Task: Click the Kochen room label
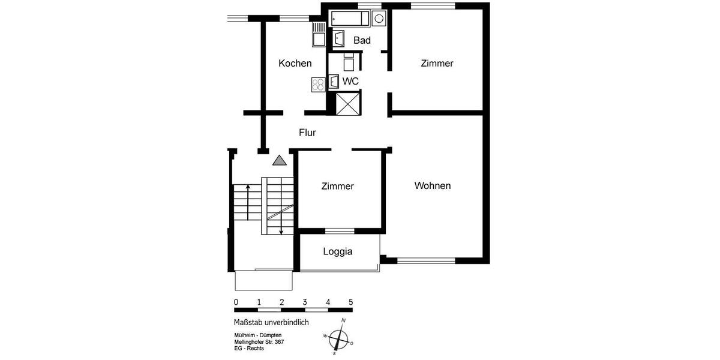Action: pyautogui.click(x=295, y=63)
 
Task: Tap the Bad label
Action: pyautogui.click(x=362, y=40)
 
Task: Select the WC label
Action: pyautogui.click(x=350, y=80)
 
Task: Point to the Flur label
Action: pyautogui.click(x=307, y=133)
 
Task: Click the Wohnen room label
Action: pyautogui.click(x=433, y=185)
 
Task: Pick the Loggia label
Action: pyautogui.click(x=337, y=251)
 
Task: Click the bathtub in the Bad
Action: pyautogui.click(x=350, y=19)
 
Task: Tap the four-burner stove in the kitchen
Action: pyautogui.click(x=318, y=84)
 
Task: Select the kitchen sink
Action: pyautogui.click(x=318, y=34)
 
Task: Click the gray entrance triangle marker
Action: pyautogui.click(x=279, y=160)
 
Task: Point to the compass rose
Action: pyautogui.click(x=339, y=337)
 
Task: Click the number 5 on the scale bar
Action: pyautogui.click(x=351, y=302)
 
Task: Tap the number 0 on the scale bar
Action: pyautogui.click(x=236, y=302)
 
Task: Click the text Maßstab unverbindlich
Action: pyautogui.click(x=271, y=322)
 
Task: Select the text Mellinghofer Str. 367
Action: pyautogui.click(x=259, y=341)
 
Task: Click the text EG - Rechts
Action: pyautogui.click(x=249, y=348)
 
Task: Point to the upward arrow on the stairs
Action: pyautogui.click(x=247, y=202)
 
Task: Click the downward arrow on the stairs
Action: pyautogui.click(x=281, y=210)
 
